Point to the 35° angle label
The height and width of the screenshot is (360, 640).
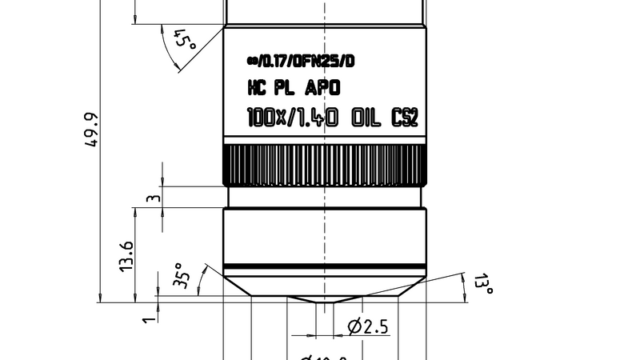click(x=182, y=275)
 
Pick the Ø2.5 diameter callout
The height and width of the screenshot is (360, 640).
click(x=370, y=326)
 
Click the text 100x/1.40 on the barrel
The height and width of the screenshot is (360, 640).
click(x=293, y=118)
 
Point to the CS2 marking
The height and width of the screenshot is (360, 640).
click(x=404, y=118)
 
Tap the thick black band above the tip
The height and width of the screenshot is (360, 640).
click(x=324, y=267)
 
